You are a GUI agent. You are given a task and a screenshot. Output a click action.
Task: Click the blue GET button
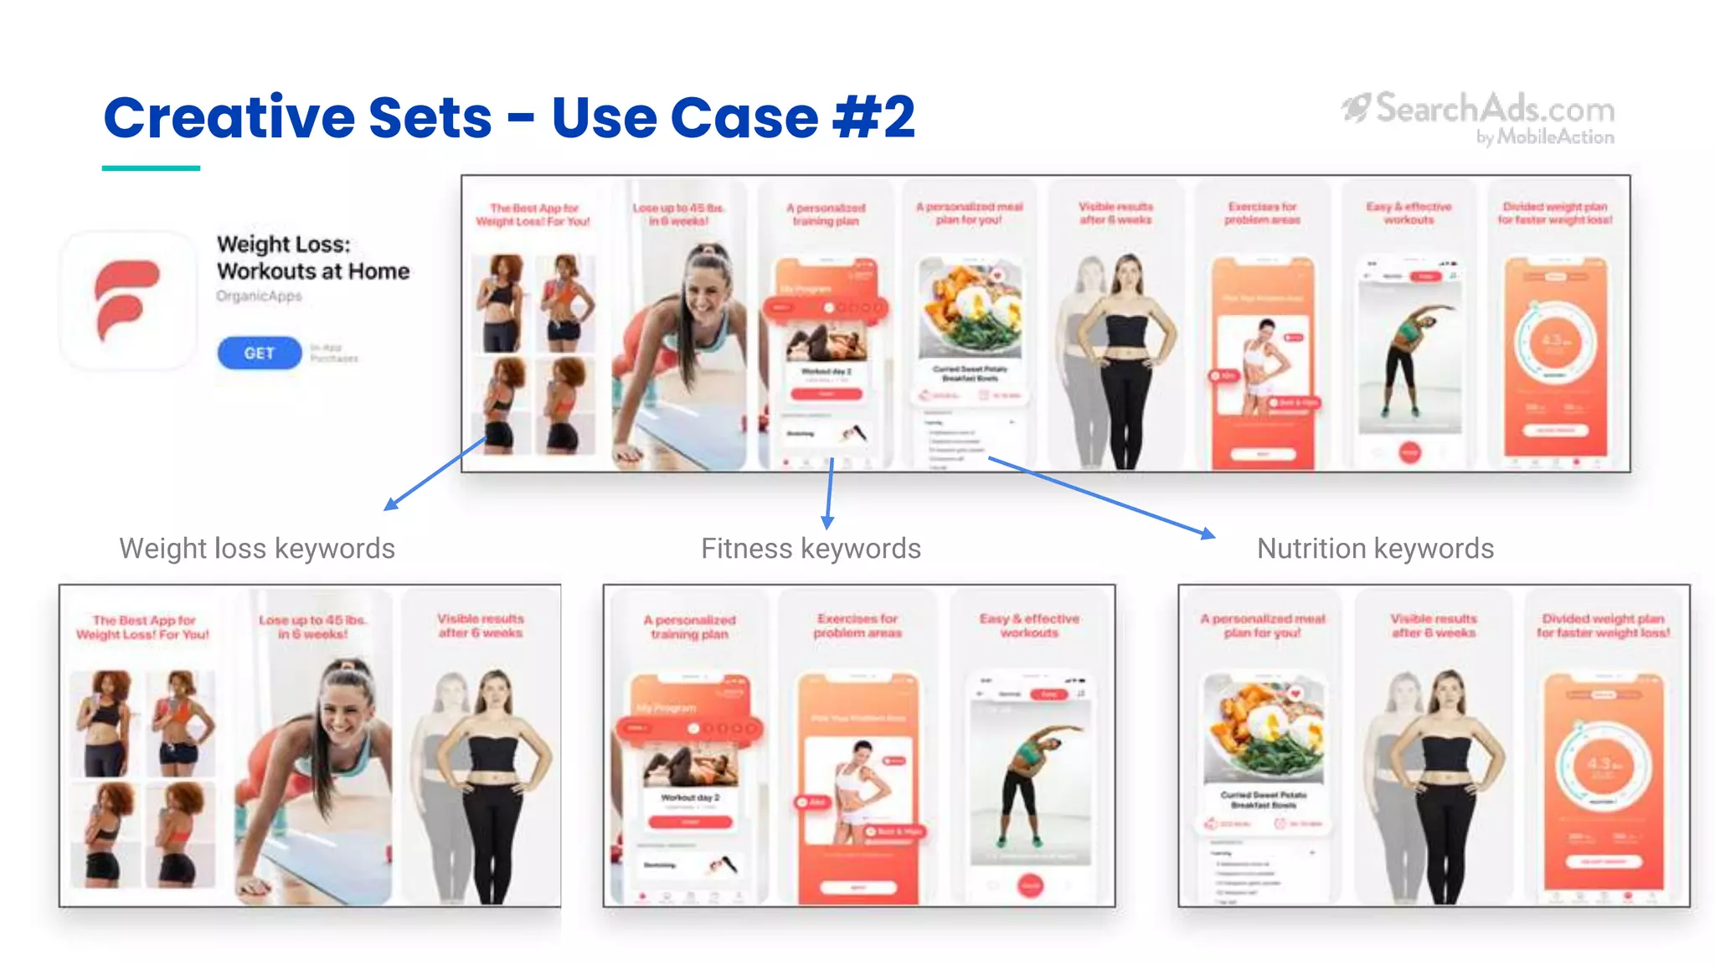pos(259,353)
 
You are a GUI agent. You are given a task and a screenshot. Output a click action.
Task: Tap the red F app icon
pos(127,300)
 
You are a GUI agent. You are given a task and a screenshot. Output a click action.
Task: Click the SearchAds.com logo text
pos(1494,110)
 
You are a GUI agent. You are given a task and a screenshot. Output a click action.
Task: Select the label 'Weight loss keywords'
pos(257,549)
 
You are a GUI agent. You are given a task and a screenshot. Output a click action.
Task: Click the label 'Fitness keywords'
pos(811,549)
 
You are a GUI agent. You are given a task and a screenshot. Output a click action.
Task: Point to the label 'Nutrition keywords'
pos(1375,549)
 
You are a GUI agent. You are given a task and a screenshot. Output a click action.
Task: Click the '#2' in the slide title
pos(874,117)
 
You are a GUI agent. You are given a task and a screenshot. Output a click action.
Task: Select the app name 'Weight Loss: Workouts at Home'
pos(312,258)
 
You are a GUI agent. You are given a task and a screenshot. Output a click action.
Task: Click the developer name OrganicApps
pos(259,297)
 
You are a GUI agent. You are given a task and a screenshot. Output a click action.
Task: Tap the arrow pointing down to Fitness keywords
pos(829,494)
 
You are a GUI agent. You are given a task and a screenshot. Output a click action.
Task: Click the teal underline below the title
pos(151,168)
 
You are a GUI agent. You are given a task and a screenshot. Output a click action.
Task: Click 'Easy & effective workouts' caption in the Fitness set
pos(1029,626)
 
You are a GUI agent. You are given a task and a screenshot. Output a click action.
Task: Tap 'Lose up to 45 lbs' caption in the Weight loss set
pos(312,627)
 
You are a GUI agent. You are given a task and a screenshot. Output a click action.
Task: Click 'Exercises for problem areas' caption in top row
pos(1262,213)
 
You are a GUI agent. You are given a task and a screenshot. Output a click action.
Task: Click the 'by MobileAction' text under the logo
pos(1544,137)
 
